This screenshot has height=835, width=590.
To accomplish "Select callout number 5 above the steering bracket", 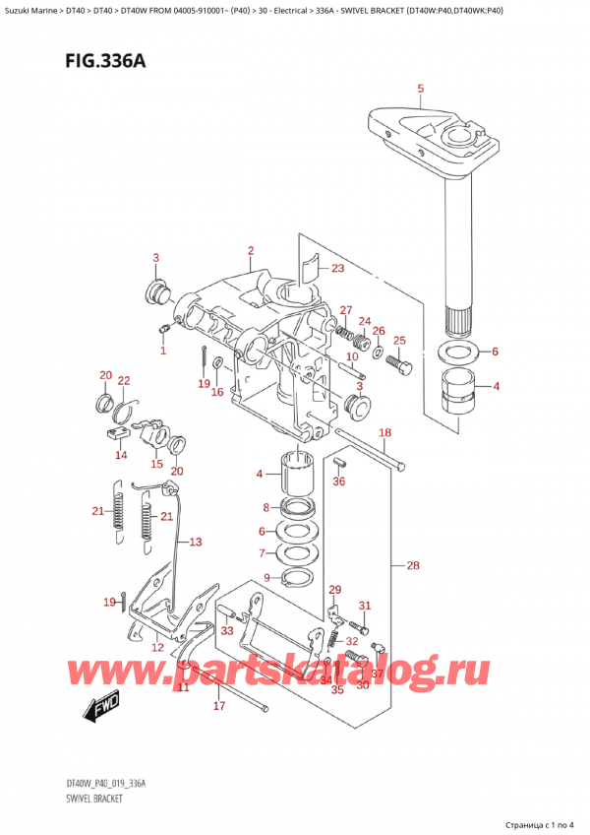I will point(420,91).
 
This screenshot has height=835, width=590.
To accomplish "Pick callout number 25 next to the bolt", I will point(398,341).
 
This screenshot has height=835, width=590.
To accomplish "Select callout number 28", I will point(412,566).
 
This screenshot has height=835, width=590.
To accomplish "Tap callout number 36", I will point(339,482).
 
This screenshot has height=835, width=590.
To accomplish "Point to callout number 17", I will point(218,706).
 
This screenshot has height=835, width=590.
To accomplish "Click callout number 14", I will point(120,455).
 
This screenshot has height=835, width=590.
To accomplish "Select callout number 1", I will point(163,351).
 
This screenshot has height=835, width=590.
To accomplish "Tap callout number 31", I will point(364,606).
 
